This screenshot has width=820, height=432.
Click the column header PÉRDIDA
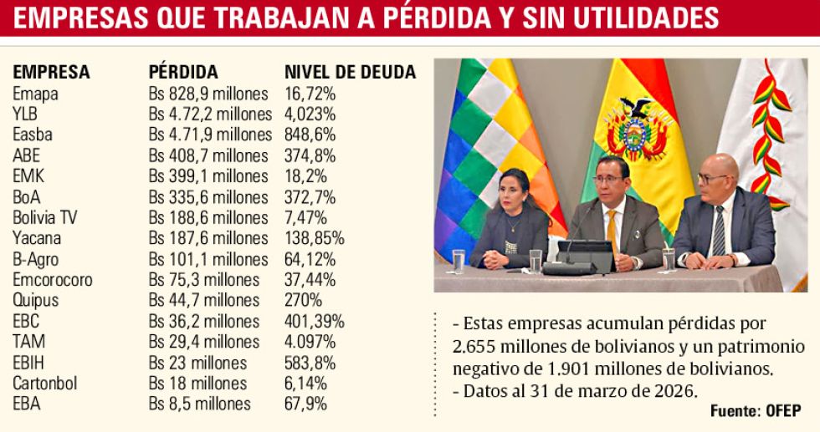[183, 72]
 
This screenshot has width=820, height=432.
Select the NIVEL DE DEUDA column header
[350, 72]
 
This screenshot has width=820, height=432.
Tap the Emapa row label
[35, 94]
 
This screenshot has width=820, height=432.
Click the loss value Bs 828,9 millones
[208, 94]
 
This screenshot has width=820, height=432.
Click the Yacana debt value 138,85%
[315, 238]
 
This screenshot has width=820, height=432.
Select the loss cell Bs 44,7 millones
[204, 300]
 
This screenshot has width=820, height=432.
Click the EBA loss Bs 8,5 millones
[200, 404]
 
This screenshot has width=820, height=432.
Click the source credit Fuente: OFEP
[755, 410]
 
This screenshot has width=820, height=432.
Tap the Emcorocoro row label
[53, 280]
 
